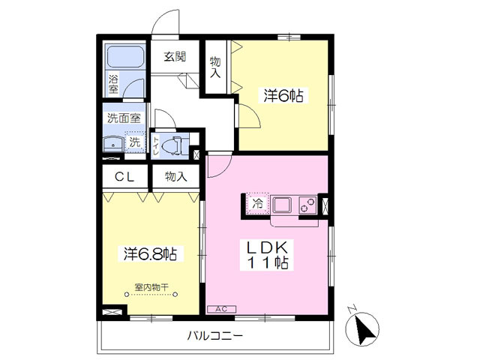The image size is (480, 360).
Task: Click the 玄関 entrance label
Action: tap(175, 57)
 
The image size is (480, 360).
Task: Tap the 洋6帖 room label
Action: tap(283, 96)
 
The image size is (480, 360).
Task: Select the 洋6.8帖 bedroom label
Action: tap(150, 253)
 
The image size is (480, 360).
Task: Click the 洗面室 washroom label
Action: tap(123, 118)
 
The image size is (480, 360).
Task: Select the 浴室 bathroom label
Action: tap(114, 83)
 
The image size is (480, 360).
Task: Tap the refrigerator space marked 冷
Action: tap(258, 203)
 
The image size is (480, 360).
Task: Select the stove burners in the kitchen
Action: tap(307, 204)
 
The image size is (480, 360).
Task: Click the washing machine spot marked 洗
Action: tap(135, 142)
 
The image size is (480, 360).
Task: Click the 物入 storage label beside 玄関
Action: tap(215, 67)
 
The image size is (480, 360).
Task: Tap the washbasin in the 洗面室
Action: tap(114, 142)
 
